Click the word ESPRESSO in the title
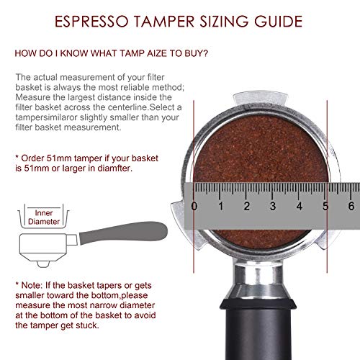pos(92,21)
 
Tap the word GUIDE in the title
pos(279,21)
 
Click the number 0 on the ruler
pos(194,206)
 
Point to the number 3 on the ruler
pos(273,206)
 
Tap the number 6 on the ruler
pos(351,206)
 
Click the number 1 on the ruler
pos(221,206)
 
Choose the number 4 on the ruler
pos(300,206)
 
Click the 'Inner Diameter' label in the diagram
pos(44,217)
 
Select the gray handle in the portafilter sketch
pos(123,233)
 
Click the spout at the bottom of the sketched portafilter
pos(43,264)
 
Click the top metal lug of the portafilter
pos(261,97)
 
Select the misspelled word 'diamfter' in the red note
pos(115,168)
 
